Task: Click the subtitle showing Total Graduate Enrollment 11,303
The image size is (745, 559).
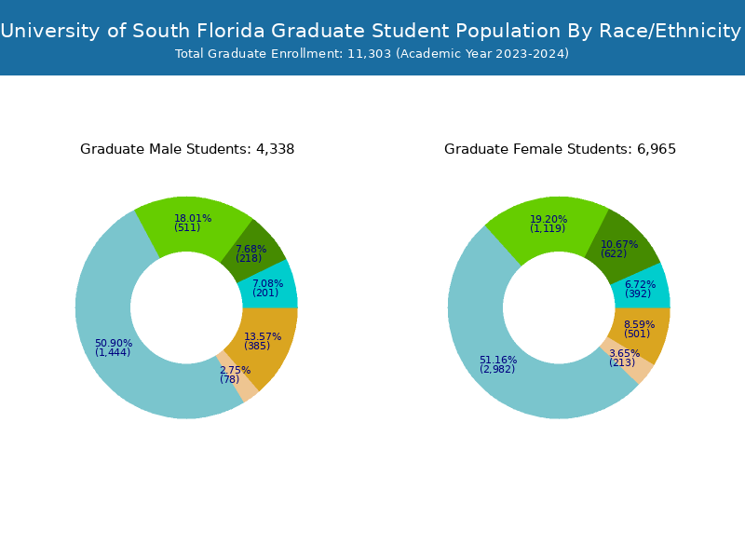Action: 372,54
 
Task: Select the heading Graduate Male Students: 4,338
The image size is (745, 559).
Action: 187,149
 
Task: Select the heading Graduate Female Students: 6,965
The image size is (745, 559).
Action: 560,149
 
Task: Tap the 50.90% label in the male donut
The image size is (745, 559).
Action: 113,348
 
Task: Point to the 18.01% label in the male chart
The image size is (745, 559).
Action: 193,223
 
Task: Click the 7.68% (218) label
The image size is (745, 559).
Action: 250,253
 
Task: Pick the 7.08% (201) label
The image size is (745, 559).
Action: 266,288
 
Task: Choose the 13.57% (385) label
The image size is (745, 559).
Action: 262,341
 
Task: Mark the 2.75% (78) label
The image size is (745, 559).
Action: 234,375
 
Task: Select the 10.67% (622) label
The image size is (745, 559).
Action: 618,249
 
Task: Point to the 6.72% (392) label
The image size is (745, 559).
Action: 639,289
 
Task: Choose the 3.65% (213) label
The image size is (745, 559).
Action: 623,358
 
